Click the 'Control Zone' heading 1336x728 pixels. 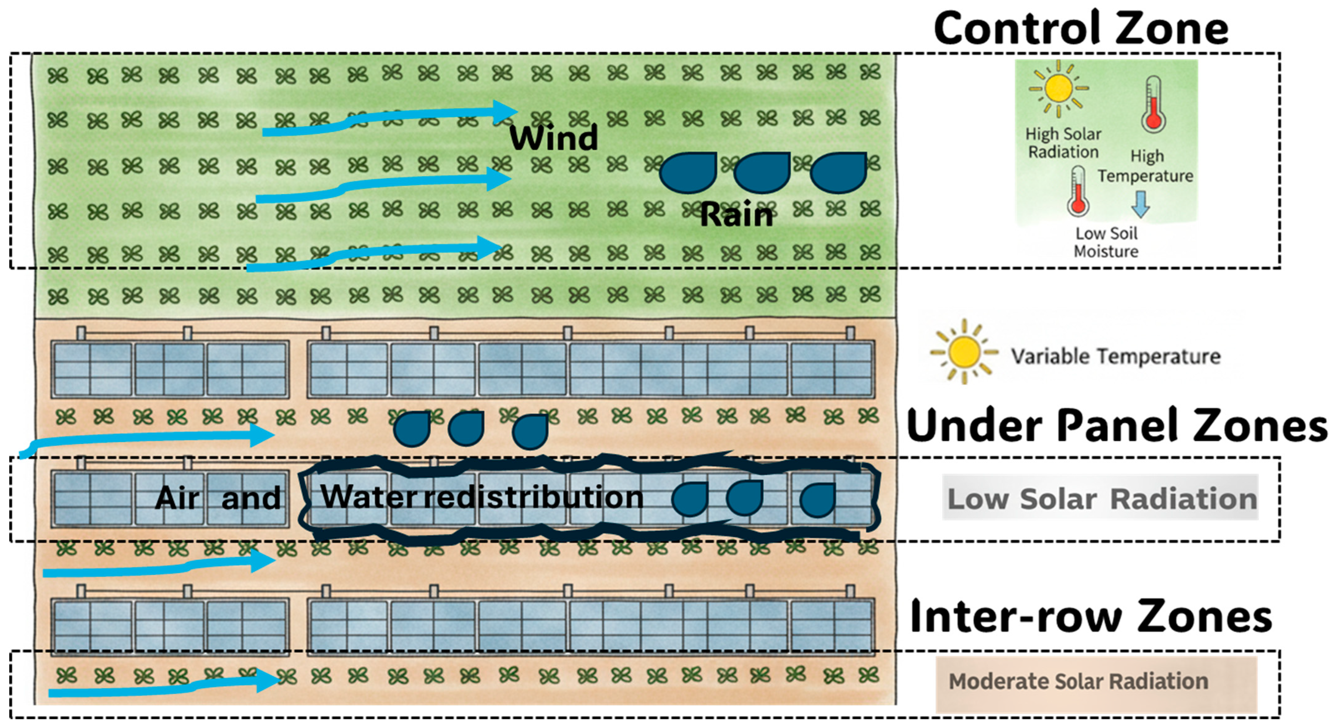pyautogui.click(x=1081, y=28)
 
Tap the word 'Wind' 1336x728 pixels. pyautogui.click(x=554, y=138)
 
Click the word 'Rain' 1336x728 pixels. pyautogui.click(x=736, y=215)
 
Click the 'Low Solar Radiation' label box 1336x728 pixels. pyautogui.click(x=1100, y=498)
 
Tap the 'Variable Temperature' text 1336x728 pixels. pyautogui.click(x=1116, y=357)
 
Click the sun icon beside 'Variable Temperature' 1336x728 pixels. pyautogui.click(x=963, y=351)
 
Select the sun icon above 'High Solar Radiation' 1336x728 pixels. pyautogui.click(x=1058, y=88)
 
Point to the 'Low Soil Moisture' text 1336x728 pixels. pyautogui.click(x=1106, y=242)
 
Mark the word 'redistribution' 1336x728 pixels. pyautogui.click(x=534, y=497)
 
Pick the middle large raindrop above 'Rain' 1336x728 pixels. pyautogui.click(x=761, y=173)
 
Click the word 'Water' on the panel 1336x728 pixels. pyautogui.click(x=369, y=496)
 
